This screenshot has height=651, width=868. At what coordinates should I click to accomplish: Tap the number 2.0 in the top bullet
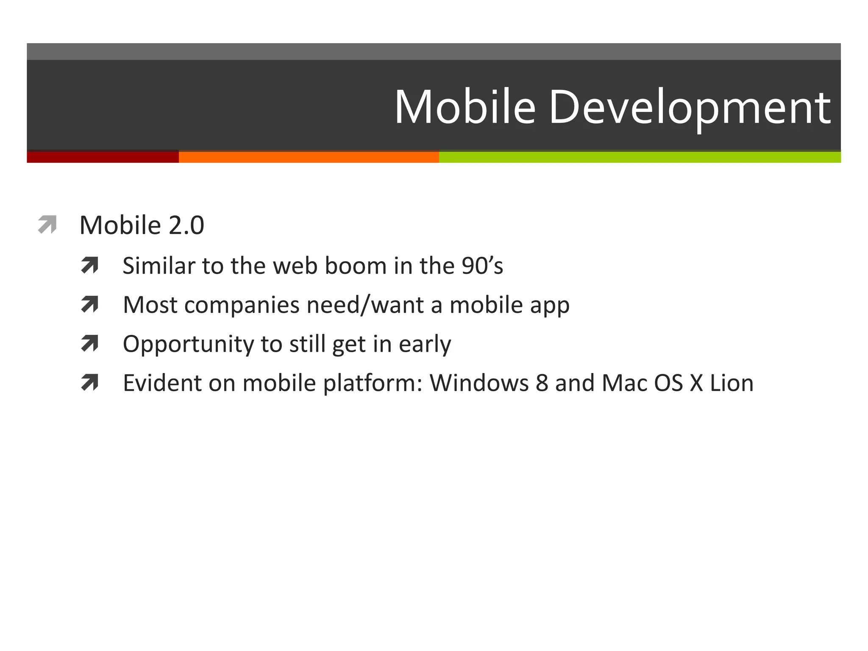click(186, 225)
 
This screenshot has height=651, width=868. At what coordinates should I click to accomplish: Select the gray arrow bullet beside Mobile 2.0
click(47, 225)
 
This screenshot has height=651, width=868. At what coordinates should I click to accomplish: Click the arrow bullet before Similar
click(89, 266)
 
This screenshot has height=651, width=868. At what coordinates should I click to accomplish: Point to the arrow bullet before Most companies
click(89, 305)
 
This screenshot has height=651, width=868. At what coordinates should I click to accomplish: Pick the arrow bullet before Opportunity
click(89, 344)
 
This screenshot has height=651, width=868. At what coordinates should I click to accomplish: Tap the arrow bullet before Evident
click(89, 383)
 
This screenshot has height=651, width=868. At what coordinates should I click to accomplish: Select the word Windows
click(479, 383)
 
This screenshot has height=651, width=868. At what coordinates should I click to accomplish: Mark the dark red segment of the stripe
click(103, 157)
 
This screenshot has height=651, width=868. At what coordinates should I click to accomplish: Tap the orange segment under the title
click(309, 157)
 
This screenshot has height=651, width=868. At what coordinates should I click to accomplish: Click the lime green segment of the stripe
click(640, 157)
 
